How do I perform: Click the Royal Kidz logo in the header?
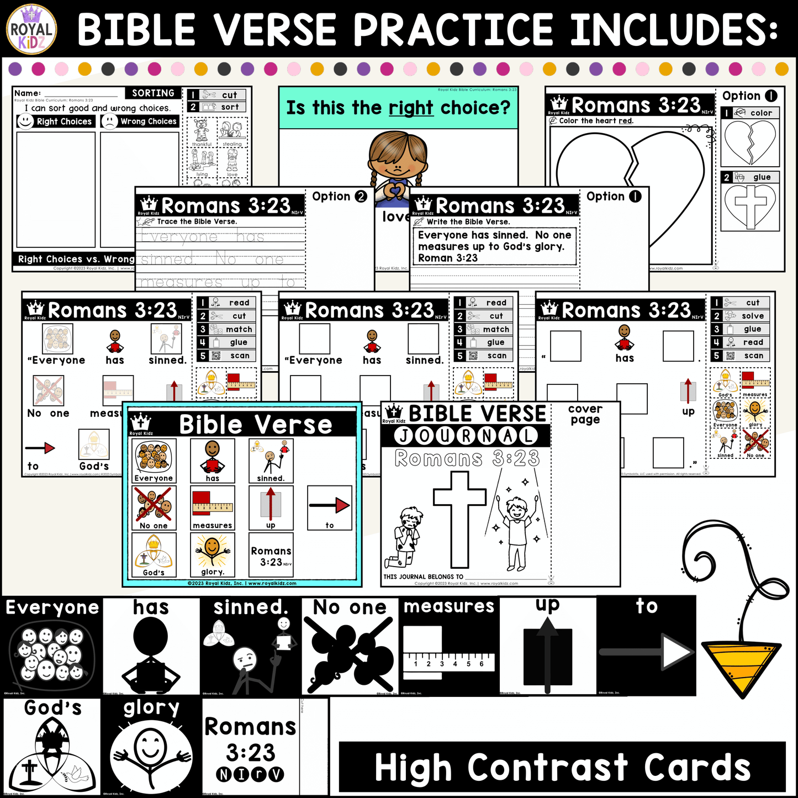31,29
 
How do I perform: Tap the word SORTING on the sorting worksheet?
153,93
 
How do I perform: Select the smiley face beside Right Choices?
25,121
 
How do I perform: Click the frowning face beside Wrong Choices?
110,121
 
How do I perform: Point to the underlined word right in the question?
410,108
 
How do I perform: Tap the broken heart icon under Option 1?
750,142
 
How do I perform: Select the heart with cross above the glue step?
751,205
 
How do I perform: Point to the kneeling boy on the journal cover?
409,538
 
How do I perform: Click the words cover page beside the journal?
585,414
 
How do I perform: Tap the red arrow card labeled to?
329,508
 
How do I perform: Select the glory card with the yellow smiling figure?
212,554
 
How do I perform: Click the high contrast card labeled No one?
350,646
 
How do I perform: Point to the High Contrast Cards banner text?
562,768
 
